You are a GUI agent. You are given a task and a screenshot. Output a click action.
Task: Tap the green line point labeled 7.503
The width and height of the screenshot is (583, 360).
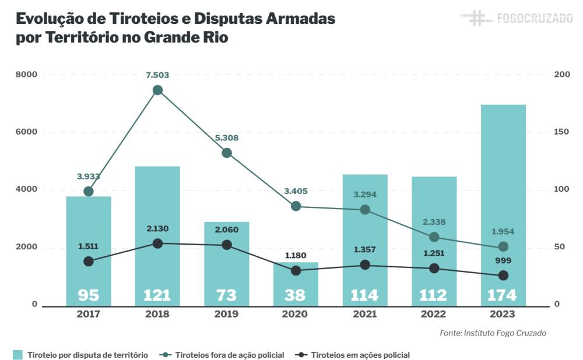click(157, 90)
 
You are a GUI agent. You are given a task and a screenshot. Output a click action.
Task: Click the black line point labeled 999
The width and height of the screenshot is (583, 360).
click(503, 276)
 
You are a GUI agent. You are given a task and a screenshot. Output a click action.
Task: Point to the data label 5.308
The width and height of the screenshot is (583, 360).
click(227, 138)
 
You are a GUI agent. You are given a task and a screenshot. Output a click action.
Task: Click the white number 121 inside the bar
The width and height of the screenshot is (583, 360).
click(157, 295)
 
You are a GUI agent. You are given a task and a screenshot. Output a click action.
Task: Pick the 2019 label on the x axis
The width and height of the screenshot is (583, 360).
click(227, 314)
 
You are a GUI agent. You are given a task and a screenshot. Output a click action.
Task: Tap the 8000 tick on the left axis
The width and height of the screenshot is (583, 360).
click(26, 75)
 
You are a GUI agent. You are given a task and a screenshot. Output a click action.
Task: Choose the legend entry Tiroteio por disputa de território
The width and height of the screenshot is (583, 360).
click(87, 355)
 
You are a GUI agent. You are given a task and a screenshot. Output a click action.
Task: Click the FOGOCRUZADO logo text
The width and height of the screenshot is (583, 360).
click(534, 18)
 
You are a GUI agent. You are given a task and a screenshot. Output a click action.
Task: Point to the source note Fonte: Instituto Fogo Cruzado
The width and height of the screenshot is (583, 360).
click(493, 333)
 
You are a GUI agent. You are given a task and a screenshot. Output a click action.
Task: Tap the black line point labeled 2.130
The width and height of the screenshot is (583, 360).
click(157, 243)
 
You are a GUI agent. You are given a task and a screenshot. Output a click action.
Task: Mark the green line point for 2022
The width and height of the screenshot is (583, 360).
click(434, 237)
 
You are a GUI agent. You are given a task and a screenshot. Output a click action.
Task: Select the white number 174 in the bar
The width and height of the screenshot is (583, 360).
click(503, 295)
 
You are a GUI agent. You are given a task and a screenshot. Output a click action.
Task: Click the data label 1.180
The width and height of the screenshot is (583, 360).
click(296, 255)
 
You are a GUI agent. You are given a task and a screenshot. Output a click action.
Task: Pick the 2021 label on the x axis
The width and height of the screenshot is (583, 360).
click(365, 314)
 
